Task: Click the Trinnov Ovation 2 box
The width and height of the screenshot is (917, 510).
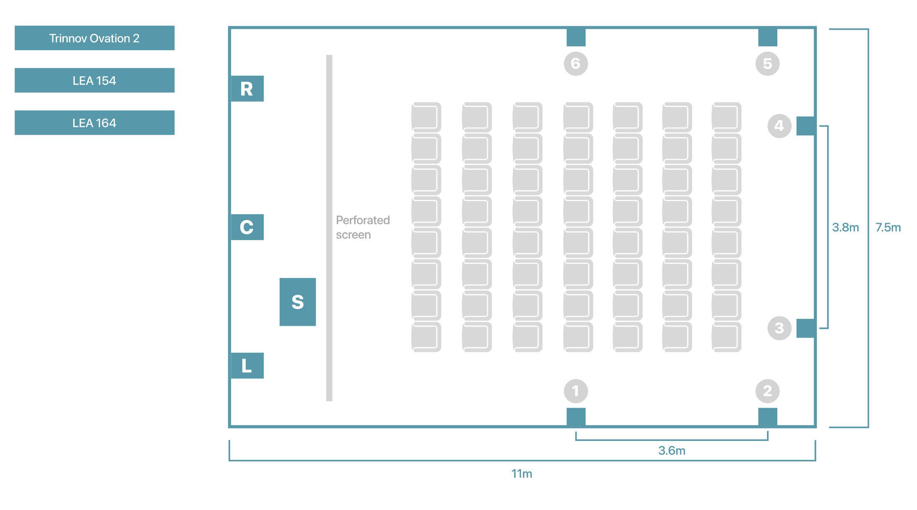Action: tap(94, 38)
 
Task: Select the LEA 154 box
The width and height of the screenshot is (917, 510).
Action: tap(94, 80)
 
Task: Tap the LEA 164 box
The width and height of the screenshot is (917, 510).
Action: tap(94, 123)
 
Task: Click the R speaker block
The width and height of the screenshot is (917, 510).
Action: tap(247, 89)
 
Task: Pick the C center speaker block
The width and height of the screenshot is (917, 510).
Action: tap(247, 227)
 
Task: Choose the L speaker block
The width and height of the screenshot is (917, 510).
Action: tap(247, 366)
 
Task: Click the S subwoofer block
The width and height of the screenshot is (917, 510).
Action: tap(297, 302)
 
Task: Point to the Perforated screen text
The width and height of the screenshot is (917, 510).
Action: tap(362, 227)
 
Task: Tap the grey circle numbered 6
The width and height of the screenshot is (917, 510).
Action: tap(576, 64)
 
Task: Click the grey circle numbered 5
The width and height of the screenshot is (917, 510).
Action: tap(767, 64)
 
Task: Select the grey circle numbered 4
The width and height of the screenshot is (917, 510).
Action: tap(779, 126)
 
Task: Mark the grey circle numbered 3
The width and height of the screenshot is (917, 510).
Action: tap(779, 328)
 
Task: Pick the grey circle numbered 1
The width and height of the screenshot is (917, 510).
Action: tap(576, 391)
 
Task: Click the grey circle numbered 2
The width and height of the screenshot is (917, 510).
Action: tap(767, 391)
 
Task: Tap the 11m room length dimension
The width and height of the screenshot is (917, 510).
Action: tap(522, 474)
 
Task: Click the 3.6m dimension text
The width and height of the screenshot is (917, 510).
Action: tap(672, 451)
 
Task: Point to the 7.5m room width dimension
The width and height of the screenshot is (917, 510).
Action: tap(888, 228)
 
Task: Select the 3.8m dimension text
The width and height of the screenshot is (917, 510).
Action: tap(845, 228)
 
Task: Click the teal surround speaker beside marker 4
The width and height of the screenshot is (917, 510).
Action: tap(805, 126)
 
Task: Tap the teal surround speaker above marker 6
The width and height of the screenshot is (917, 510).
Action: tap(576, 37)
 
